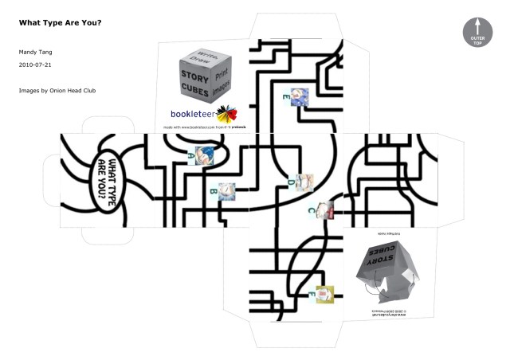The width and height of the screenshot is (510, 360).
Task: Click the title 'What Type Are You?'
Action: (x=60, y=22)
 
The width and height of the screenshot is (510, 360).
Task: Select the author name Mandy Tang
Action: (x=35, y=52)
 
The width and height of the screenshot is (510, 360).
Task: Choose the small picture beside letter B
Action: (x=226, y=190)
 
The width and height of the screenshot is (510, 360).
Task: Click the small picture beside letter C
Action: (x=324, y=211)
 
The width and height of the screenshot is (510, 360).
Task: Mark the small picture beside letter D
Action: (x=304, y=182)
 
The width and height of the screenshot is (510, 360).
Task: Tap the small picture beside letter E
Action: (x=298, y=96)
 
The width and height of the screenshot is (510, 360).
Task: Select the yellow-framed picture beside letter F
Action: (x=324, y=293)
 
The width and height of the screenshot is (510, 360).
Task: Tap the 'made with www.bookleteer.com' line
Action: (x=202, y=126)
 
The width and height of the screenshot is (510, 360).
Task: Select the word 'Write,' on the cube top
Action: (x=202, y=53)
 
